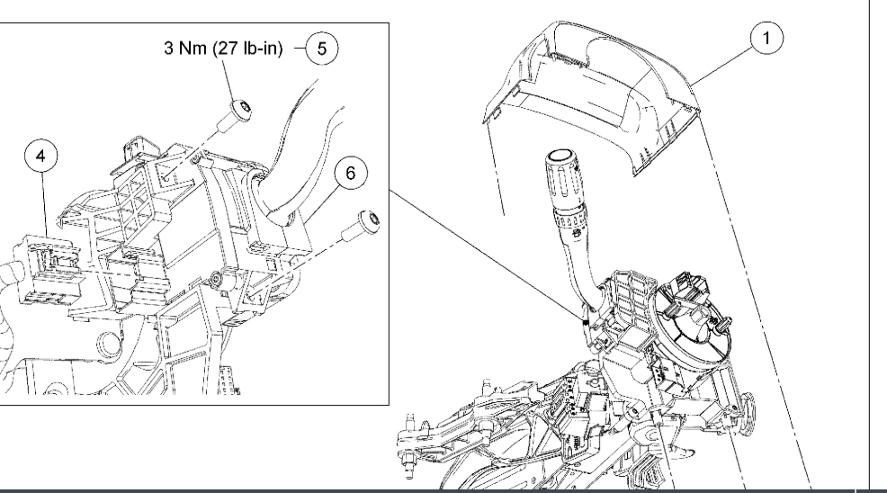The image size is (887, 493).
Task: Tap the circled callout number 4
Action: point(40,156)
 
